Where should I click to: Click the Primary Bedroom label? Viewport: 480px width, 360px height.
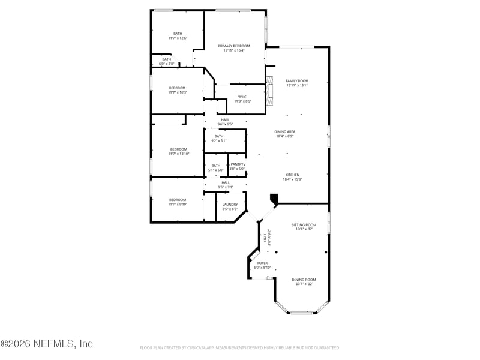[233, 46]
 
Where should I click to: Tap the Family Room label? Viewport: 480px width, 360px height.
[296, 80]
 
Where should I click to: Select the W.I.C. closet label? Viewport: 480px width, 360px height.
[242, 97]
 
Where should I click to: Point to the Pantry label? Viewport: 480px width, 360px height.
[237, 164]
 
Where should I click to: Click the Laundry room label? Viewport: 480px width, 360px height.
[230, 204]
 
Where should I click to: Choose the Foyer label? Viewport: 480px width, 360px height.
[263, 263]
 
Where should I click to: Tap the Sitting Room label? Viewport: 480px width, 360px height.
[304, 224]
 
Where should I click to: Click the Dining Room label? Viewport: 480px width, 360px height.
[304, 280]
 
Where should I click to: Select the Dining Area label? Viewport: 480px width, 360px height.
[285, 131]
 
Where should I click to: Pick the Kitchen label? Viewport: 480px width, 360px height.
[292, 175]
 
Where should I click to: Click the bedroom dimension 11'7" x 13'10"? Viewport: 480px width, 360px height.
[178, 154]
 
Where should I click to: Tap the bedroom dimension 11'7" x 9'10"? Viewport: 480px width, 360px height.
[178, 205]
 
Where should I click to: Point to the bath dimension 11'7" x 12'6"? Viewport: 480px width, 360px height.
[178, 38]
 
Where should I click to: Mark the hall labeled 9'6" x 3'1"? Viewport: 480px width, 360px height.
[226, 185]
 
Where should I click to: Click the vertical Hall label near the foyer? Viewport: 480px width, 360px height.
[265, 238]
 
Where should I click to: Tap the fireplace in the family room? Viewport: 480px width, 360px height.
[269, 91]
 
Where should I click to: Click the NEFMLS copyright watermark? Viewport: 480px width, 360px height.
[47, 344]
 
